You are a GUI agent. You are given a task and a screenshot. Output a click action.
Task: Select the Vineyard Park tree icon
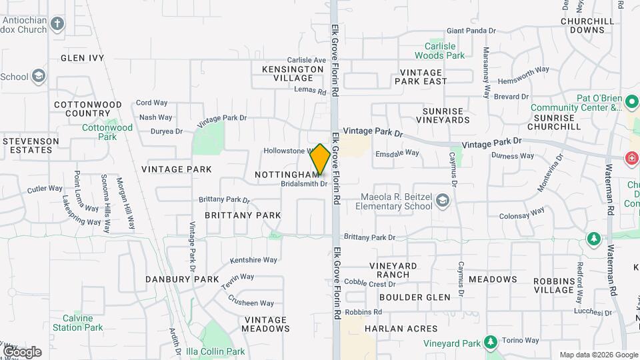(x=491, y=343)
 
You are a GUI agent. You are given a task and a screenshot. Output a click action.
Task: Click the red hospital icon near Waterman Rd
(x=630, y=158)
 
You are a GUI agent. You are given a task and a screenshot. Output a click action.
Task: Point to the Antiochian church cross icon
(x=57, y=25)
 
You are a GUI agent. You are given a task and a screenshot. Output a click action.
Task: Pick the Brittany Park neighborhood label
(x=243, y=215)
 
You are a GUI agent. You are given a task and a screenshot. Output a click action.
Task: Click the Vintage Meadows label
(x=265, y=324)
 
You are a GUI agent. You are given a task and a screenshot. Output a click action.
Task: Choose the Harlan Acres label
(x=401, y=328)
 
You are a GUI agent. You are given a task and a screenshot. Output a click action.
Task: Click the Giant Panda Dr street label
(x=471, y=31)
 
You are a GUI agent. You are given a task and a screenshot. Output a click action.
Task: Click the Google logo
(x=22, y=351)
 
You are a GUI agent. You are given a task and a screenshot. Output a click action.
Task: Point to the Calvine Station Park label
(x=78, y=323)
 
